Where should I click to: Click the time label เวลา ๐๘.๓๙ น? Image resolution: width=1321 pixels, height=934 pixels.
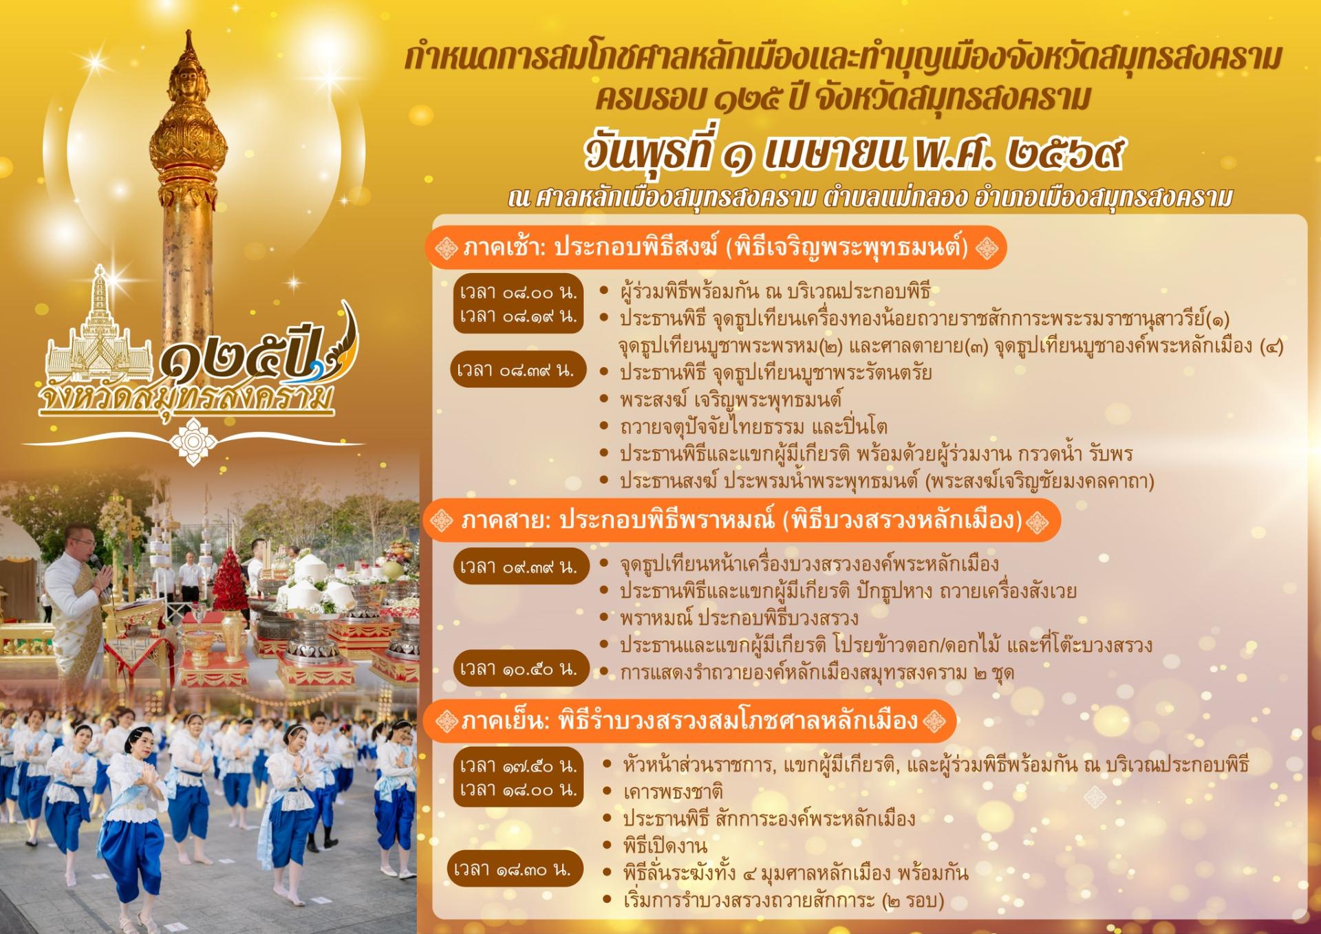[517, 370]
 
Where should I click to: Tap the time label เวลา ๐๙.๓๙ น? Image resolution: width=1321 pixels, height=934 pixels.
[519, 567]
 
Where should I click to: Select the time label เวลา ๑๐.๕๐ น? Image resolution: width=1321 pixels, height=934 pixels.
[519, 669]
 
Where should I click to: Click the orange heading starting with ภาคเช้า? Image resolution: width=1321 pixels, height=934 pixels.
[716, 247]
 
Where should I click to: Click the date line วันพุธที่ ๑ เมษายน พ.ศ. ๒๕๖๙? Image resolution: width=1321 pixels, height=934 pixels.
[854, 153]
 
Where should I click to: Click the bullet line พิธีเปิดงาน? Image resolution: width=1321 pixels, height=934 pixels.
[665, 845]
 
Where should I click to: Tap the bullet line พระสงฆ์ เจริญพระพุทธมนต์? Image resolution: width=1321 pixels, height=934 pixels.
[731, 399]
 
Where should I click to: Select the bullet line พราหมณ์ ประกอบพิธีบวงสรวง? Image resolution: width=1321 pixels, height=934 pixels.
[738, 618]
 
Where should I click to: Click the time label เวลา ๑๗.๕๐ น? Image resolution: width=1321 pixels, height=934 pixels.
[518, 765]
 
